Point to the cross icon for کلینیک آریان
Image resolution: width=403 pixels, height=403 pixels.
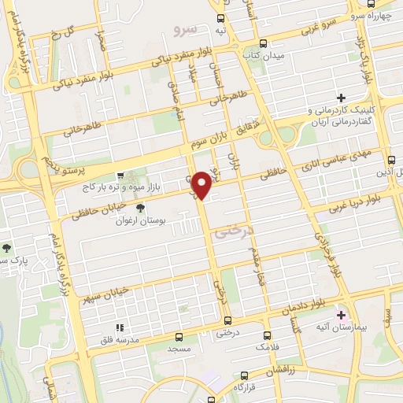click(341, 98)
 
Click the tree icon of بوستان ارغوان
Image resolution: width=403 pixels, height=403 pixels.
click(140, 208)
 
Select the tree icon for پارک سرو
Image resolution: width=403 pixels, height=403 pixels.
click(6, 248)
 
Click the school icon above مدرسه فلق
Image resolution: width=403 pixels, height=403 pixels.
click(120, 327)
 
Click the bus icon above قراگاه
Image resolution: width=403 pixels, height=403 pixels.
click(236, 388)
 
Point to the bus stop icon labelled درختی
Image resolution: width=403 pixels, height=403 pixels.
click(227, 320)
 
